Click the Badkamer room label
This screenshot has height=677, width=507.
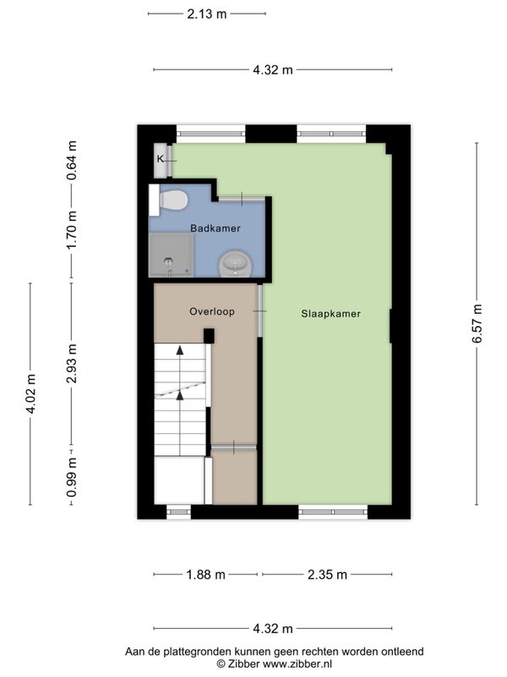pyautogui.click(x=215, y=228)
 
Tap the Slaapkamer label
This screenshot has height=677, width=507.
pyautogui.click(x=330, y=314)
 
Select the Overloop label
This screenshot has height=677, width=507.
pyautogui.click(x=212, y=311)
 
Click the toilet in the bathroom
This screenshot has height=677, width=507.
pyautogui.click(x=168, y=200)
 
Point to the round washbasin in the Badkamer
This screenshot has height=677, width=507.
pyautogui.click(x=236, y=264)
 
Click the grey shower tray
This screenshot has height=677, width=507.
pyautogui.click(x=171, y=255)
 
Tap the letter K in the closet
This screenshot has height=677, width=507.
pyautogui.click(x=160, y=159)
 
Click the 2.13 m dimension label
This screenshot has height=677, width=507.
pyautogui.click(x=206, y=14)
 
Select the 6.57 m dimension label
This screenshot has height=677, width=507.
pyautogui.click(x=477, y=323)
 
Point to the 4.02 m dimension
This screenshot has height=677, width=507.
pyautogui.click(x=30, y=394)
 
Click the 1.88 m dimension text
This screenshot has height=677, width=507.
pyautogui.click(x=205, y=575)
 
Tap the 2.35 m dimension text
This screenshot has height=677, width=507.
pyautogui.click(x=327, y=575)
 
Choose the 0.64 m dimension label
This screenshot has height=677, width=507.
pyautogui.click(x=72, y=160)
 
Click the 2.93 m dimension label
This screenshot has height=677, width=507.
pyautogui.click(x=72, y=364)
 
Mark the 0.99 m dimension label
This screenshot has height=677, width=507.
pyautogui.click(x=72, y=477)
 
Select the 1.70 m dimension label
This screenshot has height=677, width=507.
pyautogui.click(x=72, y=229)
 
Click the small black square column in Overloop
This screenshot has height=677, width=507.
pyautogui.click(x=209, y=335)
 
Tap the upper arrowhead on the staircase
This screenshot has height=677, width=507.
pyautogui.click(x=180, y=350)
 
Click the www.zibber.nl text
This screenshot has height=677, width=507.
pyautogui.click(x=297, y=663)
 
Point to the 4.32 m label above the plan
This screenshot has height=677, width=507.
pyautogui.click(x=273, y=69)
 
